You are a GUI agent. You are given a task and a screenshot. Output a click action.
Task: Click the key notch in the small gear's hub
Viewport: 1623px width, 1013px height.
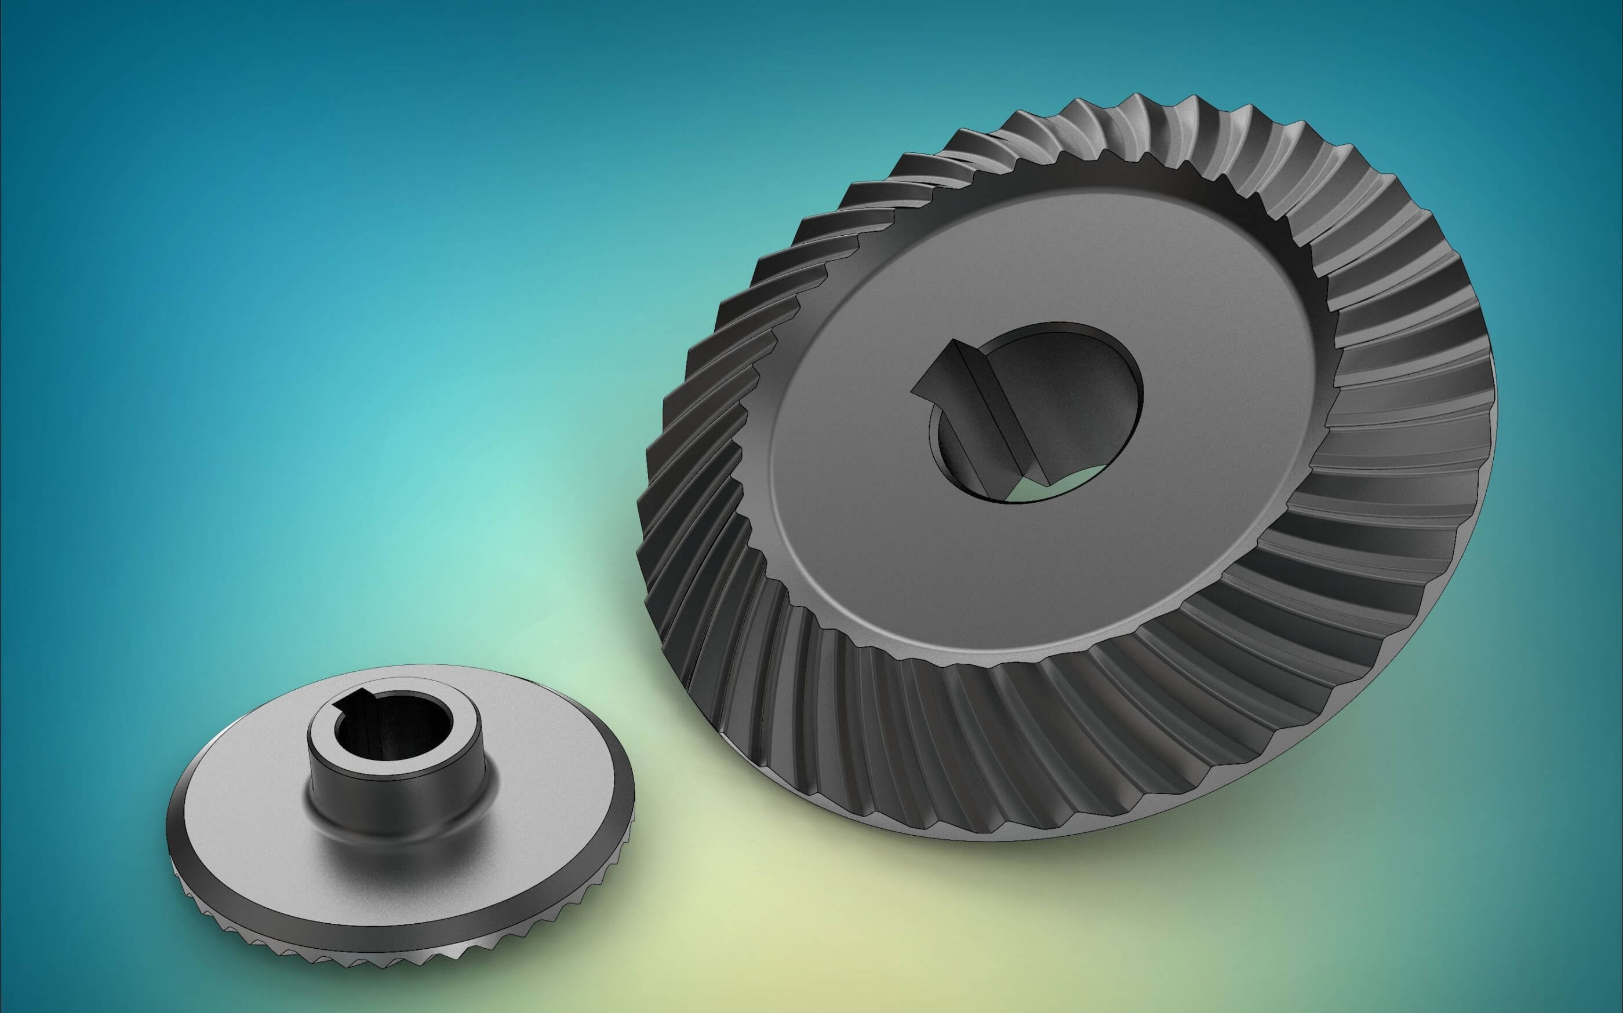point(355,698)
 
